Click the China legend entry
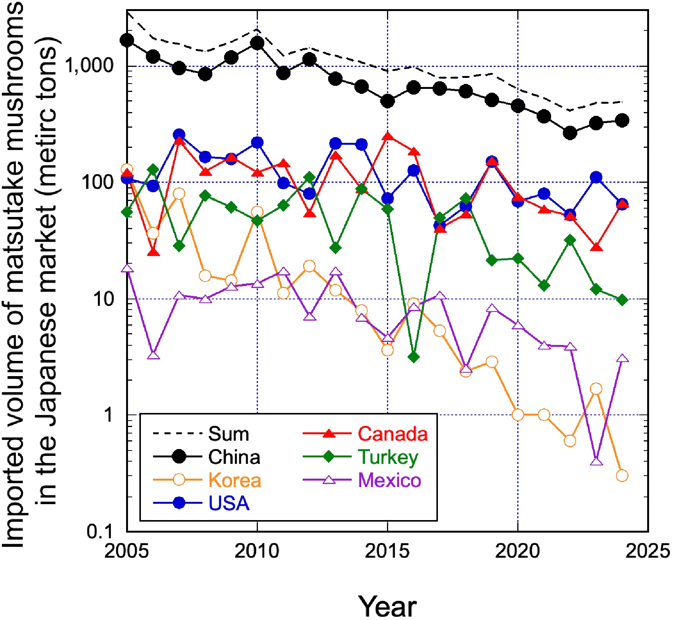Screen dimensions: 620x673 pyautogui.click(x=234, y=457)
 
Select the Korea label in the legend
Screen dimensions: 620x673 pyautogui.click(x=235, y=480)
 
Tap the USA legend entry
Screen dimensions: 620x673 pyautogui.click(x=229, y=503)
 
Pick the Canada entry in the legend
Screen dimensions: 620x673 pyautogui.click(x=393, y=433)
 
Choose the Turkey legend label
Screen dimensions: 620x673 pyautogui.click(x=388, y=457)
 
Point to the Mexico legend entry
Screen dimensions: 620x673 pyautogui.click(x=390, y=480)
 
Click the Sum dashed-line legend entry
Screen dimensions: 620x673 pyautogui.click(x=228, y=433)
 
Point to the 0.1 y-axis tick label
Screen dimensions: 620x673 pyautogui.click(x=100, y=531)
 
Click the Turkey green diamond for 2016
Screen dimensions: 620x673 pyautogui.click(x=414, y=357)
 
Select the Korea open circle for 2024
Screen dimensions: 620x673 pyautogui.click(x=622, y=475)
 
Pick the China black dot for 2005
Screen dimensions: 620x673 pyautogui.click(x=127, y=40)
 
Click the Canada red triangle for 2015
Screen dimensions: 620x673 pyautogui.click(x=387, y=136)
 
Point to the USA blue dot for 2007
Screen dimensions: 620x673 pyautogui.click(x=179, y=134)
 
